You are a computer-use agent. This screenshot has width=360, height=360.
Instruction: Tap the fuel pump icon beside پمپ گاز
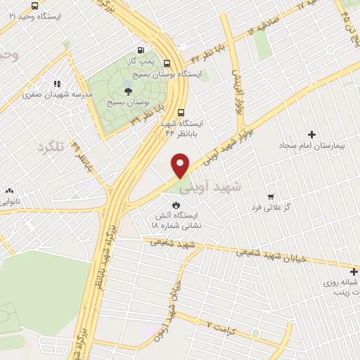point(141,50)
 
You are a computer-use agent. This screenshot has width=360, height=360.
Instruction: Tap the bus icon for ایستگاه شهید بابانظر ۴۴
point(182,111)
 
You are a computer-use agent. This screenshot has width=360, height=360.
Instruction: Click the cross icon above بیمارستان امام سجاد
point(311,134)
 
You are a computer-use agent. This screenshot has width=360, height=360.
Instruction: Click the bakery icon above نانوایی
point(10,191)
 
